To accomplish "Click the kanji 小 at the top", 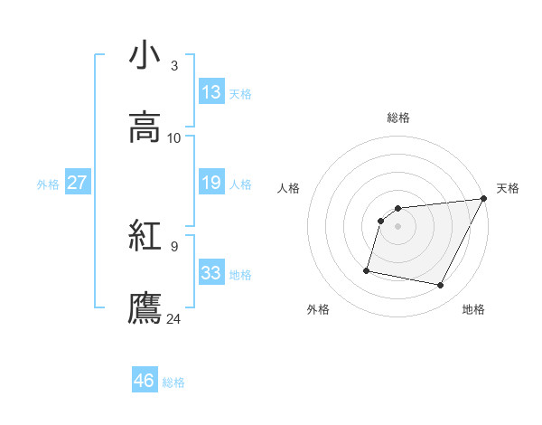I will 145,55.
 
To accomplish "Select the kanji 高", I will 145,127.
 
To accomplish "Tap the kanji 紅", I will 145,236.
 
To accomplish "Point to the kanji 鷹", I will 145,308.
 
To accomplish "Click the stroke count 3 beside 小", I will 174,65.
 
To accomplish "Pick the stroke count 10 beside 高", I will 174,137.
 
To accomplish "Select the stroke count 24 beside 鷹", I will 174,318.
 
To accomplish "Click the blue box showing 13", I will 211,92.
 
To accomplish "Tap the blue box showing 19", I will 211,183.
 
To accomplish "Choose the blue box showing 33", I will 211,273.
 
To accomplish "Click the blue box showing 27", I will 77,183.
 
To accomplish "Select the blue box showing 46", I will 145,381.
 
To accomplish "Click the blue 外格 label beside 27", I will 48,184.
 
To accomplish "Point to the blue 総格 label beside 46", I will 173,382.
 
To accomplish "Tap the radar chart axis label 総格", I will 398,118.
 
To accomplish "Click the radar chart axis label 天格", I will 509,188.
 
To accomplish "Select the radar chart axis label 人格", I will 288,188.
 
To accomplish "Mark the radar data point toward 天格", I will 483,199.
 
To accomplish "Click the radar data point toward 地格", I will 440,286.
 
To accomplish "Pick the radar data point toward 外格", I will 367,269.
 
